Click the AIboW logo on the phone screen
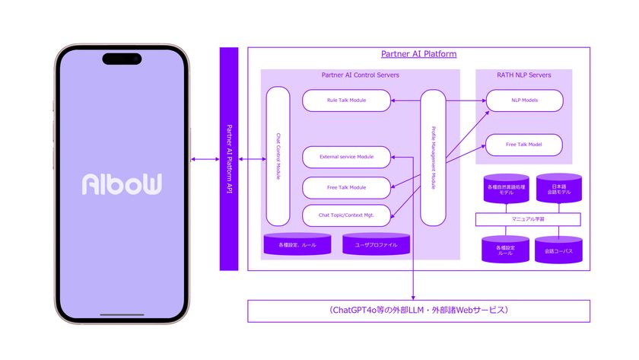pos(122,184)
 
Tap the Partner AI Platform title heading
pos(418,54)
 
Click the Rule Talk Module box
pos(347,100)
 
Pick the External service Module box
pos(347,157)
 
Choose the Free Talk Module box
pos(347,187)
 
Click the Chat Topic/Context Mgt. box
pos(347,215)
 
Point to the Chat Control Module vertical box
pos(278,156)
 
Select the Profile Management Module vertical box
pos(433,158)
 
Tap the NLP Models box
pos(524,100)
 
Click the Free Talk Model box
pos(524,145)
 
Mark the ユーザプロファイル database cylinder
pos(376,244)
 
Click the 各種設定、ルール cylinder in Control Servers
pos(297,244)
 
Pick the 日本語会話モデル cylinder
pos(559,188)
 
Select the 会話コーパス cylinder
pos(559,249)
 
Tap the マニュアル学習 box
pos(527,219)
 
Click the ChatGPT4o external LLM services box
pos(418,311)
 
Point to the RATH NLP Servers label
pos(523,75)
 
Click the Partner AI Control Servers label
pos(360,75)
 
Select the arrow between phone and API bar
pos(205,158)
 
